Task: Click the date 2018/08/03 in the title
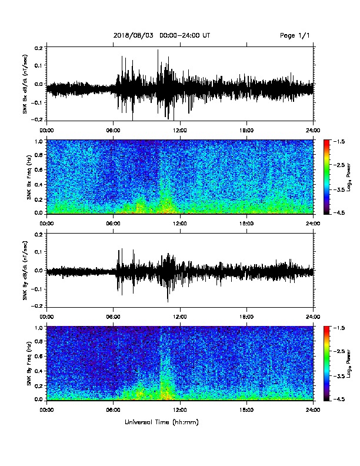click(x=134, y=35)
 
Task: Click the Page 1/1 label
click(x=295, y=35)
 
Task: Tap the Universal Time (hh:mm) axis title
click(x=162, y=422)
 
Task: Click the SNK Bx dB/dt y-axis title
click(x=25, y=84)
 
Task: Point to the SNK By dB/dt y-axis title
click(x=25, y=270)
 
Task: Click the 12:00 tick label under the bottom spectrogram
click(x=180, y=410)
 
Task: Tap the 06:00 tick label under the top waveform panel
click(x=113, y=131)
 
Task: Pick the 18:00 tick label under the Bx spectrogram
click(x=246, y=224)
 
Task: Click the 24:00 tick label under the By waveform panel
click(x=314, y=317)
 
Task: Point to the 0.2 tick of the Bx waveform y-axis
click(x=39, y=47)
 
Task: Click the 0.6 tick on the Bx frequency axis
click(x=39, y=169)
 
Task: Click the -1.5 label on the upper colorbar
click(x=339, y=142)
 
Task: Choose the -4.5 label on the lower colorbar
click(x=339, y=399)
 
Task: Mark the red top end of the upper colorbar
click(x=326, y=141)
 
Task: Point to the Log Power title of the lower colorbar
click(x=349, y=364)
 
